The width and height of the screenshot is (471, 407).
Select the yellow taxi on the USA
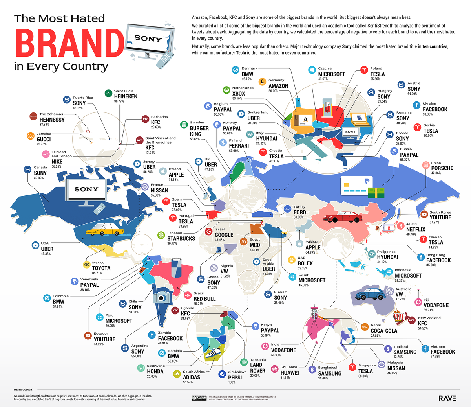coord(96,231)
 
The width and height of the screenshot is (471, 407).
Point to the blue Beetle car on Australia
coord(370,295)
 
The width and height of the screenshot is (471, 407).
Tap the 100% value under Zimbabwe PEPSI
coord(232,383)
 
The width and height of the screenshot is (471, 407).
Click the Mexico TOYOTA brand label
coord(101,268)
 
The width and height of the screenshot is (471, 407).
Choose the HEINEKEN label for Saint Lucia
coord(126,96)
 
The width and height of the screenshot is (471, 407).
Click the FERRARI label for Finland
coord(239,146)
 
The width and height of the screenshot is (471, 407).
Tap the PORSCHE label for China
coord(442,168)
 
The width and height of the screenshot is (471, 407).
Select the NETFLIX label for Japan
coord(416,229)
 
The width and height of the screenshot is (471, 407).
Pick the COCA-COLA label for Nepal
coord(384,331)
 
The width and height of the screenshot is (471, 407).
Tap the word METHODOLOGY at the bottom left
coord(24,389)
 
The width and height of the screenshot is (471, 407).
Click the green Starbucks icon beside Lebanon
coord(161,236)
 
